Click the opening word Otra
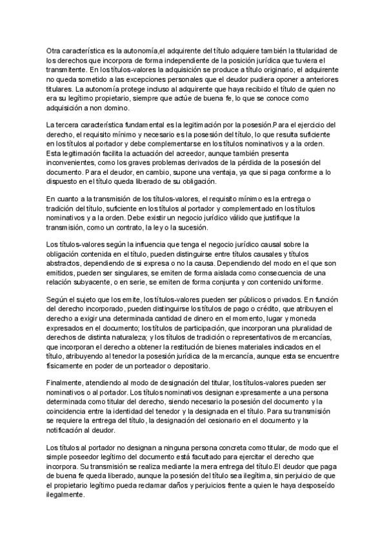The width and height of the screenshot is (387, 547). pyautogui.click(x=55, y=50)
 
